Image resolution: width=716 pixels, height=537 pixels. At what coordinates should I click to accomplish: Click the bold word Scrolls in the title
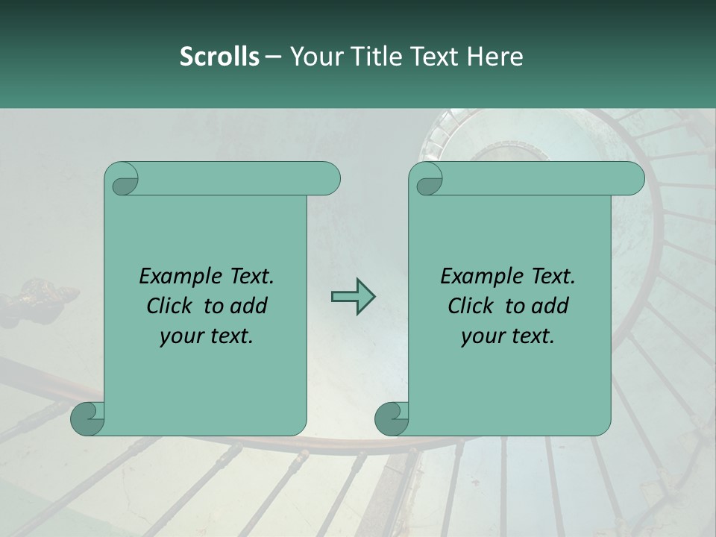[219, 56]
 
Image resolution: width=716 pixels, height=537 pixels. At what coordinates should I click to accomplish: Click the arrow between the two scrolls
[353, 297]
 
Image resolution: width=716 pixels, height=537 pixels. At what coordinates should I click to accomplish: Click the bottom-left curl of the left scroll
[87, 418]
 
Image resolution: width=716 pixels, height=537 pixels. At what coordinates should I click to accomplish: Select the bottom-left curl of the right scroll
[392, 418]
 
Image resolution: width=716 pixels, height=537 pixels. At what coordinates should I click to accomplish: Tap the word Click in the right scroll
[471, 306]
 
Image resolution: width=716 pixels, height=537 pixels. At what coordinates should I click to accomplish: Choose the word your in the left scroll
[181, 336]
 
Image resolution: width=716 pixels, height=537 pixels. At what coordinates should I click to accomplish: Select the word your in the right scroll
[483, 336]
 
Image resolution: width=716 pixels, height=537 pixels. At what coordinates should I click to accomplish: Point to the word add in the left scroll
[249, 306]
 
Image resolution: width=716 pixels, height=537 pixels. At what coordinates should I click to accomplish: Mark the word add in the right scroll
[550, 306]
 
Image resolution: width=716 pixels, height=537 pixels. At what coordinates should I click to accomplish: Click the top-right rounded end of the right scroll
[630, 179]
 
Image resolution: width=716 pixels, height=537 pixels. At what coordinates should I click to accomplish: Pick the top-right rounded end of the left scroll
[326, 179]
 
